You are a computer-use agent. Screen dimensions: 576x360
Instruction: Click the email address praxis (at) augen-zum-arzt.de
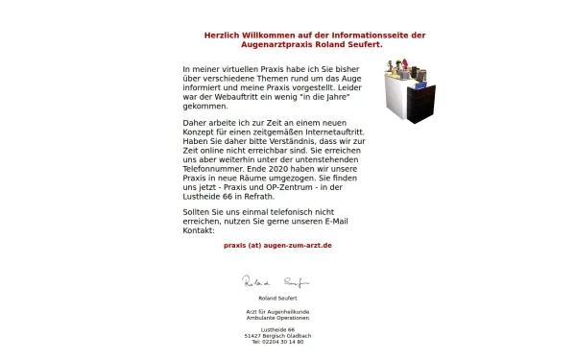pyautogui.click(x=277, y=246)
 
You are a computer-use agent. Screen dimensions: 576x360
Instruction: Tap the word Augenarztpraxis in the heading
pyautogui.click(x=274, y=44)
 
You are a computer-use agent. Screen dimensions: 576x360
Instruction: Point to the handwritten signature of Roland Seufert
pyautogui.click(x=276, y=282)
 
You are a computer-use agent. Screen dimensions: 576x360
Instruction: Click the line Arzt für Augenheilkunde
pyautogui.click(x=277, y=312)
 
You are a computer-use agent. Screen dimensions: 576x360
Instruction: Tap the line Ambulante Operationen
pyautogui.click(x=277, y=318)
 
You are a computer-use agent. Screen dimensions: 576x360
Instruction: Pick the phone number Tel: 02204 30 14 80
pyautogui.click(x=277, y=341)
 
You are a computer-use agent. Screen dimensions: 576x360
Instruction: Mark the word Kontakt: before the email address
pyautogui.click(x=199, y=230)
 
